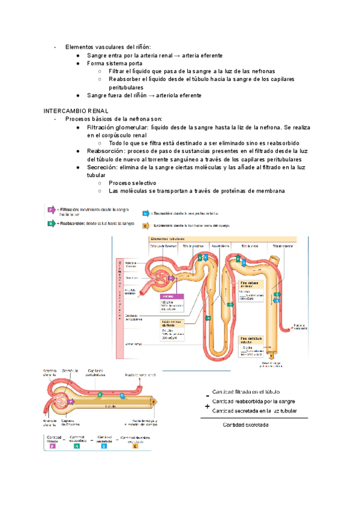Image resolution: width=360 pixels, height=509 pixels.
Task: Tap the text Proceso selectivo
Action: [133, 183]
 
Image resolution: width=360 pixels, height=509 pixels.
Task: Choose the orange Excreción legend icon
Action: [146, 226]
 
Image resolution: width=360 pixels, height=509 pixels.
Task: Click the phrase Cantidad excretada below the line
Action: [246, 426]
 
